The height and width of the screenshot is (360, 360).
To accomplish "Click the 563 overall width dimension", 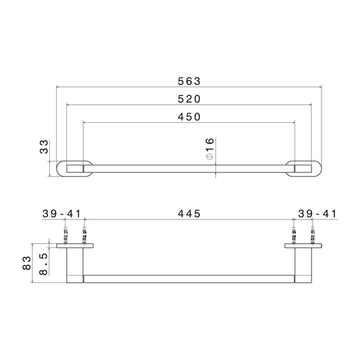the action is pos(189,81).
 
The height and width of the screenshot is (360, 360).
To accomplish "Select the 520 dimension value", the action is pos(189,99).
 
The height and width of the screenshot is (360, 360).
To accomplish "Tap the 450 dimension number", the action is pos(189,117).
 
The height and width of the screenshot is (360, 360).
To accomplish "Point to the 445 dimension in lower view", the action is pos(189,214).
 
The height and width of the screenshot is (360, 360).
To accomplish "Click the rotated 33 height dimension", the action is pos(44,147).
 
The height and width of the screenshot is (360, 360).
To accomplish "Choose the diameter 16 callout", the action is pos(210,149).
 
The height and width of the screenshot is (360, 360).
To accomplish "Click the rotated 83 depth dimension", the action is pos(26,263).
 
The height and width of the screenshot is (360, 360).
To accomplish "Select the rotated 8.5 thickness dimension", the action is pos(43,264).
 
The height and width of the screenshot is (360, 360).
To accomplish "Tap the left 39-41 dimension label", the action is pos(61,214).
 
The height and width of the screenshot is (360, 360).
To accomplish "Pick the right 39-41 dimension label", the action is pos(317,214).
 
